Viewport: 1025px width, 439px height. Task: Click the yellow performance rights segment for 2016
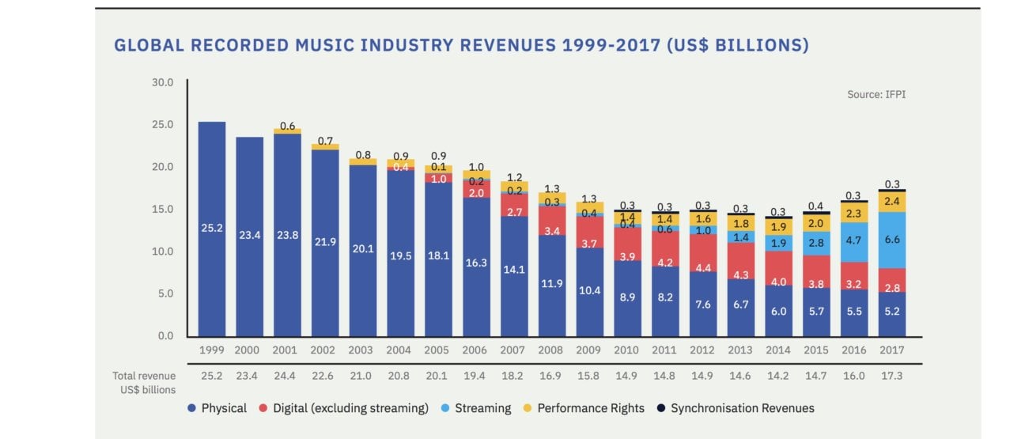pos(854,213)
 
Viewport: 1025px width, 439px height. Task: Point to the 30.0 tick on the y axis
pos(161,82)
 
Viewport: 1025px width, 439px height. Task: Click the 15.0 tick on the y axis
pos(161,209)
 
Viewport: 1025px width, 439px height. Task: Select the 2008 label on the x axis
pos(551,350)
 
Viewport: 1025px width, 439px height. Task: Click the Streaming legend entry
pos(481,408)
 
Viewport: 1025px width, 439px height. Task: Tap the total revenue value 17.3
pos(891,376)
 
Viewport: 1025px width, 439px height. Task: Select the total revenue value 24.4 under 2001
pos(286,376)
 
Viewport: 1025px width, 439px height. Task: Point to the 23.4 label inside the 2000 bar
pos(249,235)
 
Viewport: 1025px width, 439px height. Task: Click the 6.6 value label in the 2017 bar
pos(891,240)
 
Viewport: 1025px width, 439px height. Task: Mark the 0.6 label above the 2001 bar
pos(286,126)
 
